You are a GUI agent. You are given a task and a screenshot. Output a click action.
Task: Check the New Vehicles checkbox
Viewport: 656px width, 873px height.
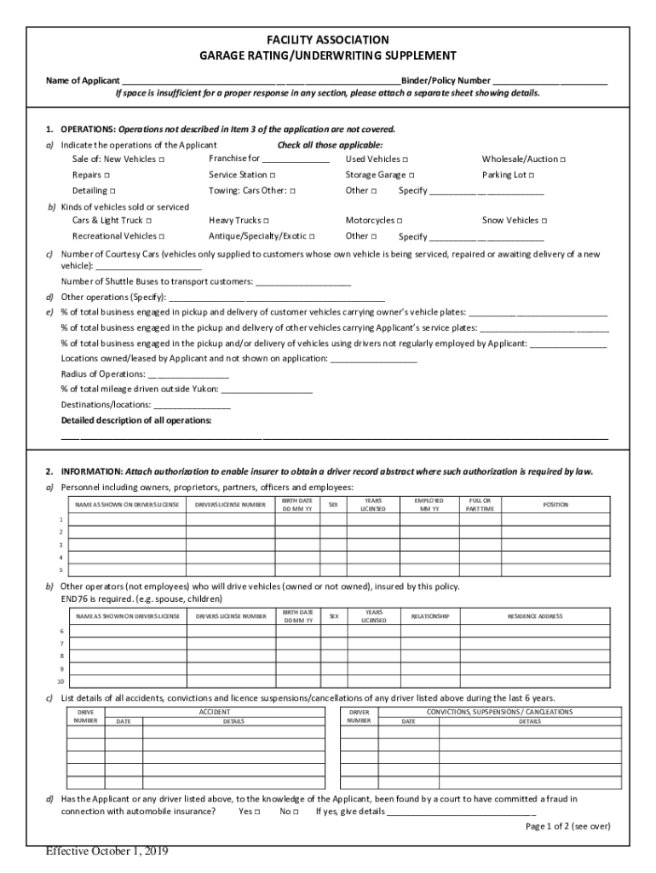(162, 159)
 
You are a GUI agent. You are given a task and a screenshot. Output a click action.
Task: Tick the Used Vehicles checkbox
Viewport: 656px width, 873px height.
(405, 159)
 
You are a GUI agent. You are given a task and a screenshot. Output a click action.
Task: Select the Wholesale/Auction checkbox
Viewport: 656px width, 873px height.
(563, 159)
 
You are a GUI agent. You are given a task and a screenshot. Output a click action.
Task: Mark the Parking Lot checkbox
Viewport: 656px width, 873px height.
(532, 175)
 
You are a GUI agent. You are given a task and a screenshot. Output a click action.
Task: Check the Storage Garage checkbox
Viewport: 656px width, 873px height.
(411, 175)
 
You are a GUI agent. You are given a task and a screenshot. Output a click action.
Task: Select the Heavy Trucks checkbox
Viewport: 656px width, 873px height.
(267, 221)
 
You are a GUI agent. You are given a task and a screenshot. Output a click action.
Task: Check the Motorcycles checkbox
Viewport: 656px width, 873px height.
(400, 221)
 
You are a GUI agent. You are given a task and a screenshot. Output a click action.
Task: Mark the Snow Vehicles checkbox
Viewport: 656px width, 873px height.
(544, 221)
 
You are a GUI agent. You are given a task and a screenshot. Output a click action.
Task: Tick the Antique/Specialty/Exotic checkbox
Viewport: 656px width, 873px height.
(313, 236)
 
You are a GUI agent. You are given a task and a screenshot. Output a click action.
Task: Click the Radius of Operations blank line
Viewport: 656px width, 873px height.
(188, 374)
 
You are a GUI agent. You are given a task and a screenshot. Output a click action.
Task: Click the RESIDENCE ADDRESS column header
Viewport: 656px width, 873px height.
(534, 616)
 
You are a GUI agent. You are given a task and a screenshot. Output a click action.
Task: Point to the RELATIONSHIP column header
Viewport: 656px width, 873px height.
(430, 616)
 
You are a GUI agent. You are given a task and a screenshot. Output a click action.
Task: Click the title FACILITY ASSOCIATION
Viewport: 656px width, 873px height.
(327, 40)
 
